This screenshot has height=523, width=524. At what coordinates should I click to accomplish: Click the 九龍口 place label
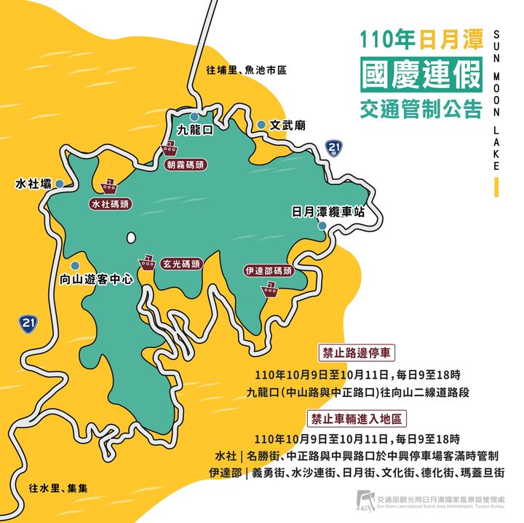point(194,130)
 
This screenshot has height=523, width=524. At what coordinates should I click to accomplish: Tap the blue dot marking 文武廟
point(261,125)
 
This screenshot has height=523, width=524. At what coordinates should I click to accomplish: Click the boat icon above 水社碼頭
point(111,184)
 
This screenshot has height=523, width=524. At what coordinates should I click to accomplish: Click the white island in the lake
point(131,237)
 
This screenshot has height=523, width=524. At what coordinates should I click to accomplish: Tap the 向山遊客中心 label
point(96,279)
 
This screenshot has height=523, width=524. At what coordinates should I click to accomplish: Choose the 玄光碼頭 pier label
point(181,264)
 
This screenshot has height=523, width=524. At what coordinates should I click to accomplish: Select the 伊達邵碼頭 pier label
point(269,271)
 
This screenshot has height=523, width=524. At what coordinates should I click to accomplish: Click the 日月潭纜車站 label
point(327,212)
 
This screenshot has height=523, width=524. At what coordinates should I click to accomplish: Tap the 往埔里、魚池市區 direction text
point(246,71)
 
